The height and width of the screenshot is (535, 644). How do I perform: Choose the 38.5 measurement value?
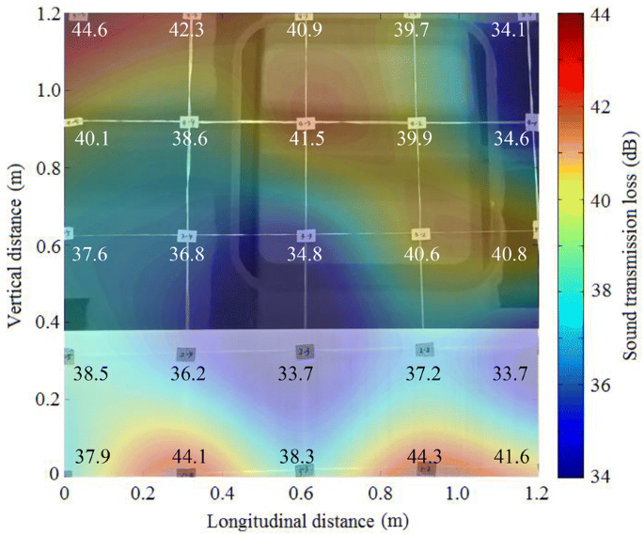coord(91,373)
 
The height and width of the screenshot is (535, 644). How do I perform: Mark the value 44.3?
coord(425,457)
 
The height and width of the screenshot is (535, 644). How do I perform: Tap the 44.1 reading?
coord(190,457)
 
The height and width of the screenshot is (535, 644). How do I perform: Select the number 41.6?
coord(511,457)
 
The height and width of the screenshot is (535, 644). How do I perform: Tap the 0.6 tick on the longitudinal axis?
coord(302,493)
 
